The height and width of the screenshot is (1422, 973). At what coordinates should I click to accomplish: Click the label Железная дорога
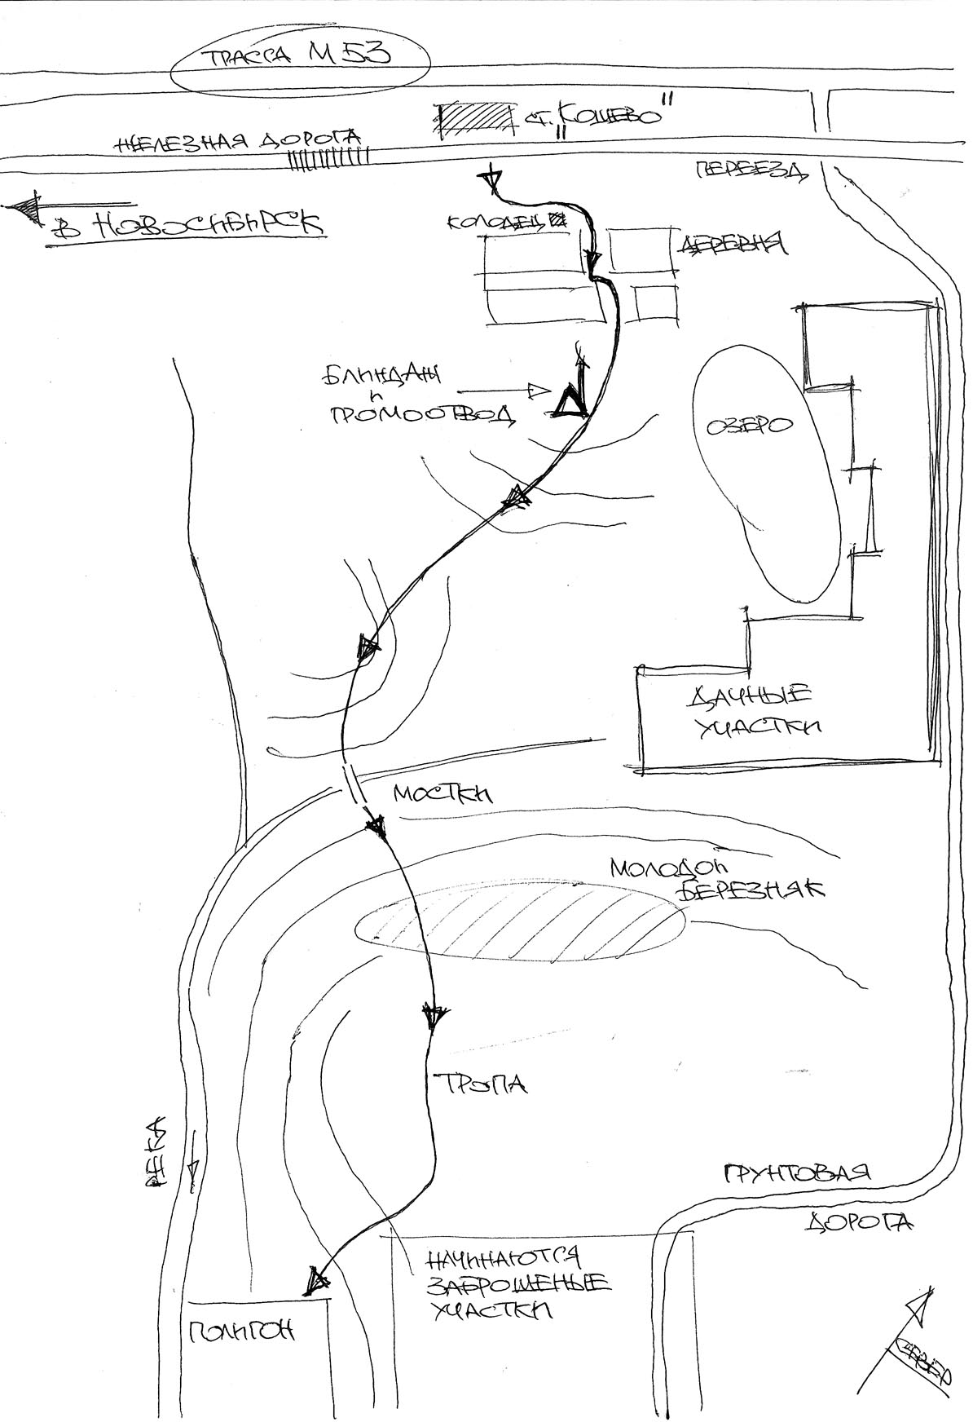coord(238,143)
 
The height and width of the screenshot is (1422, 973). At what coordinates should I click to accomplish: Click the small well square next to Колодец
coord(558,219)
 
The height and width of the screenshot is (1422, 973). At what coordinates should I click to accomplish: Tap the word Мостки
coord(442,794)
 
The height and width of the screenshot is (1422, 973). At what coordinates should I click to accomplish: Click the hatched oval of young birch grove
coord(522,923)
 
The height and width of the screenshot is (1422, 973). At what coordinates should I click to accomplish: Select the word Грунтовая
coord(797,1173)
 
